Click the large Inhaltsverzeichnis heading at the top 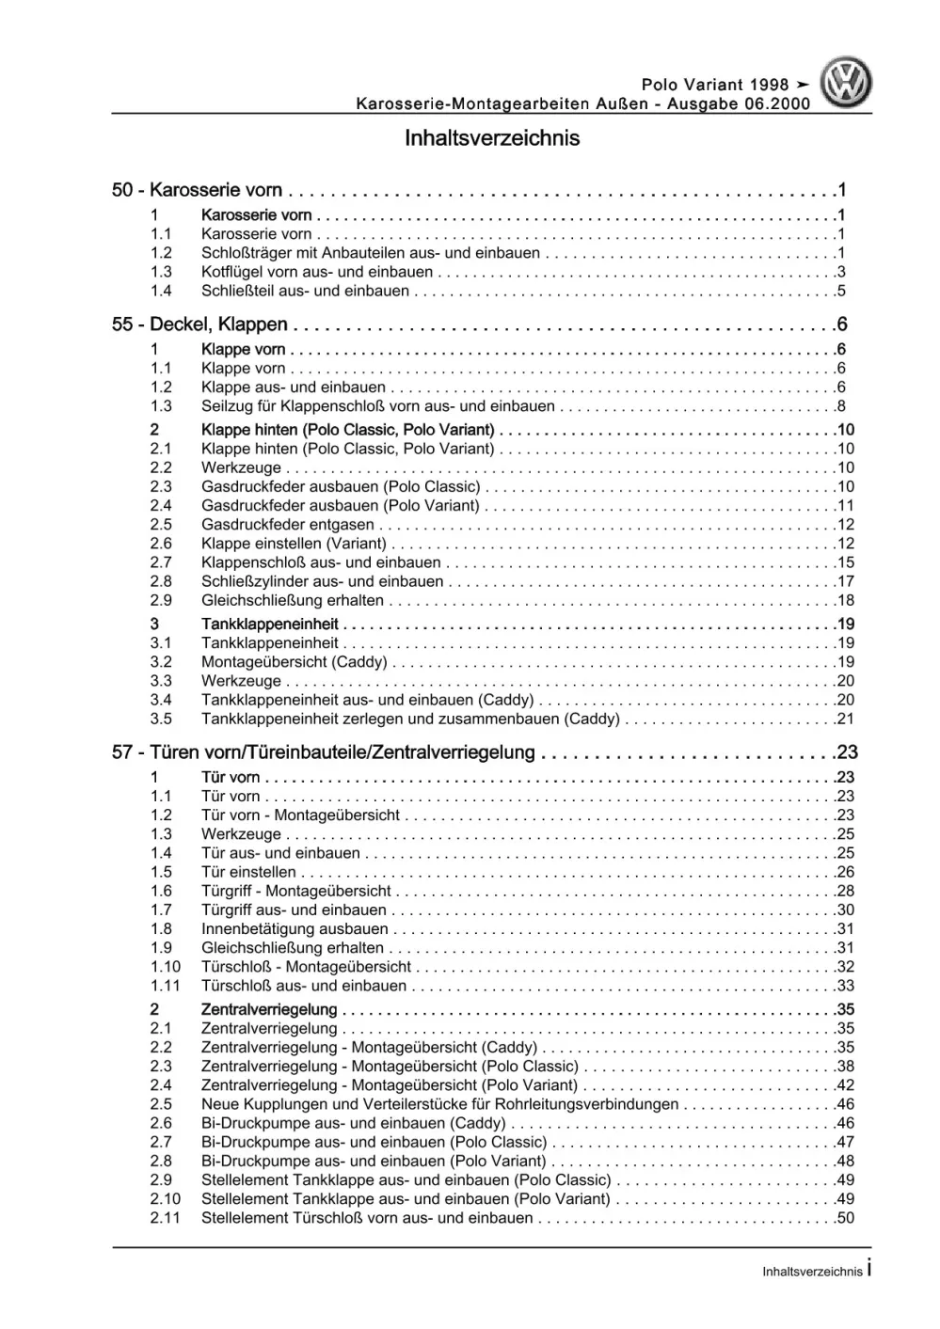[491, 138]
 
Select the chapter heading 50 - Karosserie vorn [197, 190]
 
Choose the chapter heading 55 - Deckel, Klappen [199, 324]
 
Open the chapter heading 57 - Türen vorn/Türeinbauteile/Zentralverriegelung [323, 752]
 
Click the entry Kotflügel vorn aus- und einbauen [317, 272]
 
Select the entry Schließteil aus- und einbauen [305, 291]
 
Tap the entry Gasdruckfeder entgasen [287, 525]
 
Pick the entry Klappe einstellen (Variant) [294, 544]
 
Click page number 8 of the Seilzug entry [840, 406]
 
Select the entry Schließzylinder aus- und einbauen [322, 581]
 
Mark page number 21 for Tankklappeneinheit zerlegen [844, 719]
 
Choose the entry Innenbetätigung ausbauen [295, 929]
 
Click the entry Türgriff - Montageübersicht [295, 891]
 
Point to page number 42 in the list [844, 1085]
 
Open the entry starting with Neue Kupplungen [439, 1104]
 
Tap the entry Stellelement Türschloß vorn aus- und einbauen [367, 1218]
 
